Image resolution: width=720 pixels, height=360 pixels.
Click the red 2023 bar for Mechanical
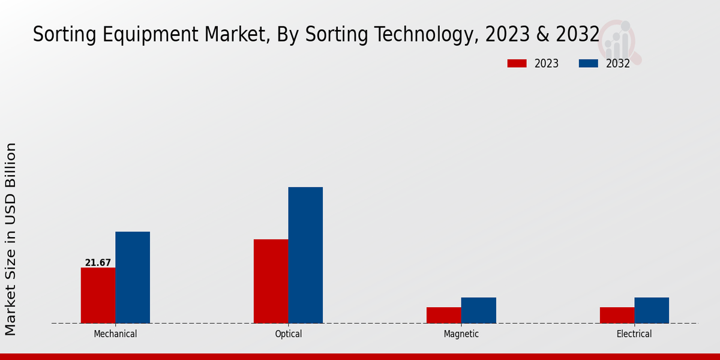point(98,295)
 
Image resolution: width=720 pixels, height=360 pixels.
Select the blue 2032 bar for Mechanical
point(133,277)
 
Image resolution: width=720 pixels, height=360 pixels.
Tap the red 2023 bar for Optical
point(271,281)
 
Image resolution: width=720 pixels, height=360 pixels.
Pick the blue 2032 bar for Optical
point(305,255)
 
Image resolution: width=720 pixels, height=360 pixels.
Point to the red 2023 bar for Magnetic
point(444,315)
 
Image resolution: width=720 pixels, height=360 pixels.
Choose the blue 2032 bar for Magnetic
point(479,310)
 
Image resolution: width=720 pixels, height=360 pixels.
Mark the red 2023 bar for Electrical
point(617,315)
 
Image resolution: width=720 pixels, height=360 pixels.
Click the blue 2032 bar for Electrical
point(652,310)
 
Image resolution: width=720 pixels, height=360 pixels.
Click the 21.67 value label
point(98,263)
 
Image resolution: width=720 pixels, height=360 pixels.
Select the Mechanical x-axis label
point(115,334)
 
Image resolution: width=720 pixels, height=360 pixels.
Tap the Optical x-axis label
point(289,334)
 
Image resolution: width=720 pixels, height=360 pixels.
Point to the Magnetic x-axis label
point(461,334)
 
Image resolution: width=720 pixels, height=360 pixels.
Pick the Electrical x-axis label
point(634,334)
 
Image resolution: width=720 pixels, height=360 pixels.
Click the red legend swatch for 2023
point(517,64)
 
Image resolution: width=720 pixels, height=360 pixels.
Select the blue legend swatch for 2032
point(588,64)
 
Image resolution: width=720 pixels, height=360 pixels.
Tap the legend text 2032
point(618,64)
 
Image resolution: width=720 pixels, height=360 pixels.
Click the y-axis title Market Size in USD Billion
point(11,239)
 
